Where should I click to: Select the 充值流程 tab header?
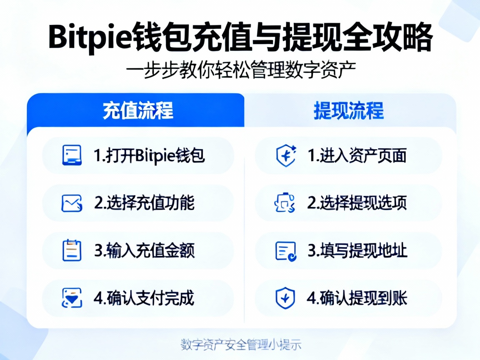[138, 110]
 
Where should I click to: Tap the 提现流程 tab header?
[348, 110]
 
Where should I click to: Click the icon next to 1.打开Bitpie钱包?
[72, 155]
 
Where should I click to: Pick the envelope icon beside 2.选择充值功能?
[72, 203]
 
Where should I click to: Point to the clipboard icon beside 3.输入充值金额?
[72, 250]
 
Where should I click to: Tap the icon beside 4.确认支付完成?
[72, 298]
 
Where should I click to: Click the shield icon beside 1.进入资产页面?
[286, 155]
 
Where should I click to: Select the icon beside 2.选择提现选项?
[285, 203]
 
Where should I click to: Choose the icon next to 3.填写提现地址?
[286, 251]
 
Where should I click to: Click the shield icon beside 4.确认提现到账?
[286, 298]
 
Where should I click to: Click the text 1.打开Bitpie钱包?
[149, 156]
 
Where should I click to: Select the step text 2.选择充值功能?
[144, 203]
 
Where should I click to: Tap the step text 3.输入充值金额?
[144, 251]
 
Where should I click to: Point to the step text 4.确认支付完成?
[144, 298]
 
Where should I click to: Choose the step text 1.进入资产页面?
[357, 156]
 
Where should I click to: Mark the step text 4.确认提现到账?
[357, 298]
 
